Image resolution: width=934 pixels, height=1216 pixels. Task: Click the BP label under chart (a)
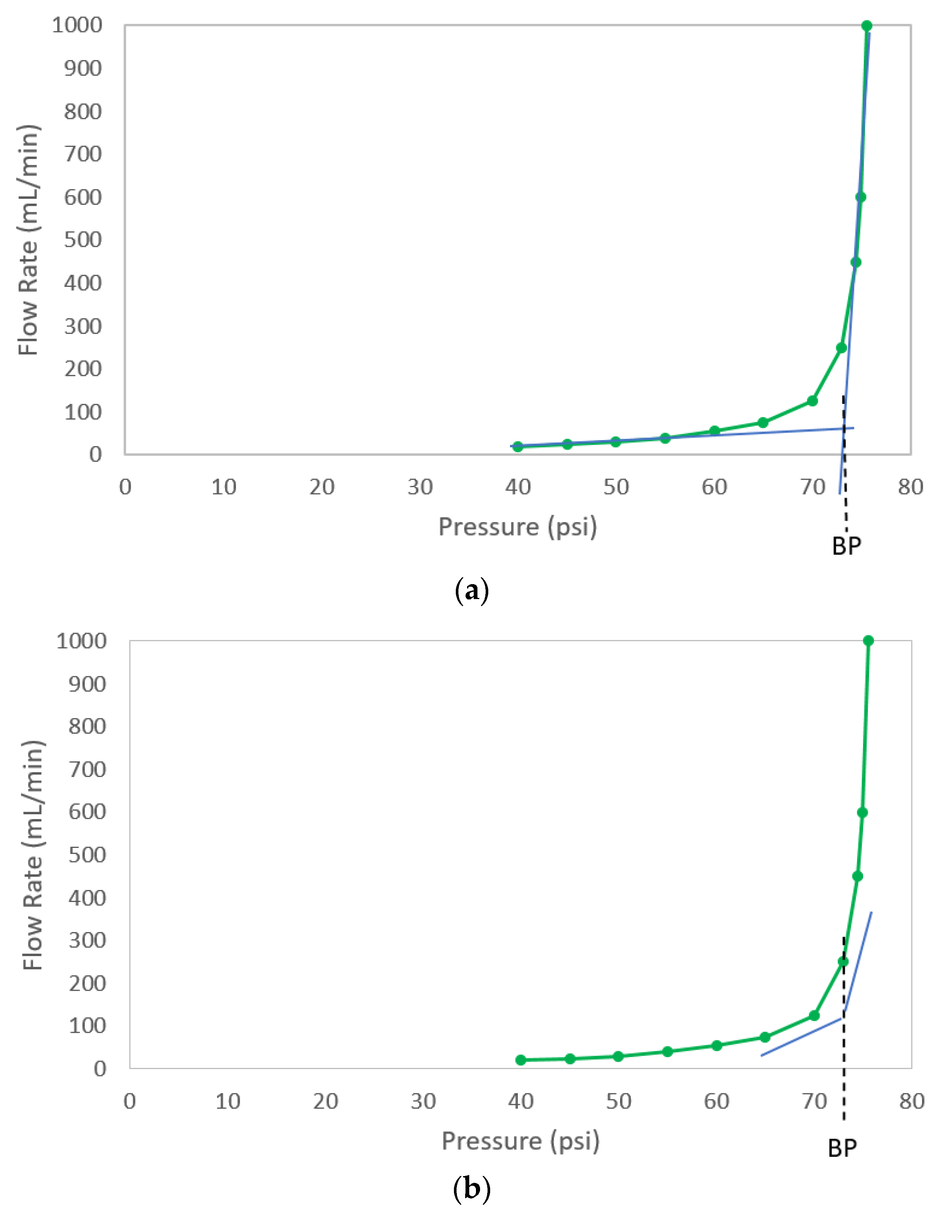point(846,546)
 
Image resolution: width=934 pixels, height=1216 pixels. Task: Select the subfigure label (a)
point(471,590)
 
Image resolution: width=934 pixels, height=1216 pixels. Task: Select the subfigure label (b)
point(471,1190)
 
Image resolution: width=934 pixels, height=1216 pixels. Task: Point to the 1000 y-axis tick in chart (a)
point(77,25)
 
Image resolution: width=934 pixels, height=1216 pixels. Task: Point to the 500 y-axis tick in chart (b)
point(87,854)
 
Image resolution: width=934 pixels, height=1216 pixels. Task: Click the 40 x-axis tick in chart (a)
point(518,487)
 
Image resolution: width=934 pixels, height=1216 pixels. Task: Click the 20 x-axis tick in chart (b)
point(325,1101)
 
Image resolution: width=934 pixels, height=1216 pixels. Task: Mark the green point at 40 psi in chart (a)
point(518,446)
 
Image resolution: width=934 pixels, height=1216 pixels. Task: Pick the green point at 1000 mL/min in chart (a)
point(866,26)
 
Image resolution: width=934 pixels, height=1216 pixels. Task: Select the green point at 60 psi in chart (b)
point(717,1046)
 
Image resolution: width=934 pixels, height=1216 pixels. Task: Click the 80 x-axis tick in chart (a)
point(910,487)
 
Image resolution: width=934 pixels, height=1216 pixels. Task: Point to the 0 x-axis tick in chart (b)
point(130,1101)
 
